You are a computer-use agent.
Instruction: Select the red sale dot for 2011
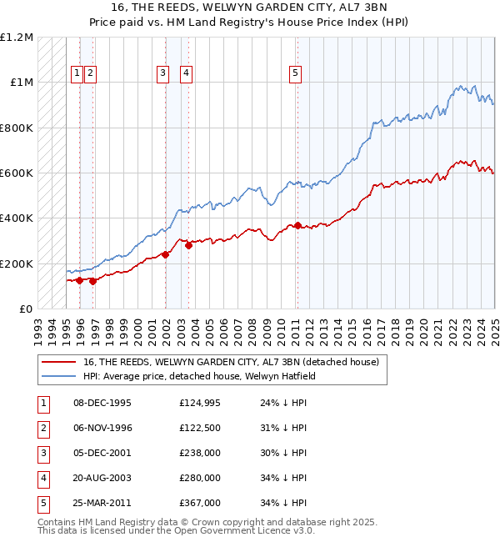[297, 225]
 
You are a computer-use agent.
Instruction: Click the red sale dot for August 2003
[189, 245]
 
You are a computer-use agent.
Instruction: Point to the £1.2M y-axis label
[17, 38]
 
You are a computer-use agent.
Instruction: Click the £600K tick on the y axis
[17, 173]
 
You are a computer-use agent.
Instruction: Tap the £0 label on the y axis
[26, 309]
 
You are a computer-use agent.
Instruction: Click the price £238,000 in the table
[200, 453]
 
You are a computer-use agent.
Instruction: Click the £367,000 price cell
[200, 503]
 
